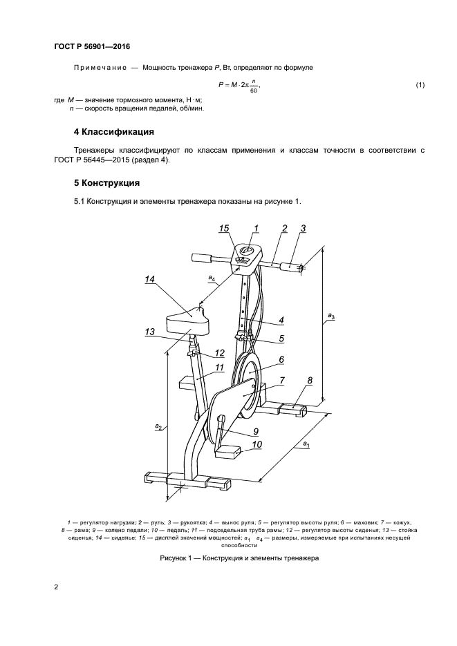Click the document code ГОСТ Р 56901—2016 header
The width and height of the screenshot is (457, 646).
(92, 47)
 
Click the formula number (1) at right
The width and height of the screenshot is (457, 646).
(419, 85)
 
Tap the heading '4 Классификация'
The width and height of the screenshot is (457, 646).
(113, 132)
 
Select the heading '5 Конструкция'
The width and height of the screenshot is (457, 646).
(107, 184)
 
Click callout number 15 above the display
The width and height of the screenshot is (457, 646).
(223, 228)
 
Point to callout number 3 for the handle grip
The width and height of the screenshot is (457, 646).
(304, 228)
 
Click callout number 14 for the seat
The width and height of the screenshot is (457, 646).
(150, 279)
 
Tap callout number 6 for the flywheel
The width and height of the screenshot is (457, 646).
(282, 359)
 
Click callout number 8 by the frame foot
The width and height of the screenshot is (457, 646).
(309, 381)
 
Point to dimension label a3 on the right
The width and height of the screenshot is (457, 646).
(331, 317)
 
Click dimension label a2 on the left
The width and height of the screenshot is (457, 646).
(158, 428)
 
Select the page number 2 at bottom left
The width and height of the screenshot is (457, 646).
(55, 587)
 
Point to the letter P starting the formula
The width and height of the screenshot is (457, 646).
(219, 85)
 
